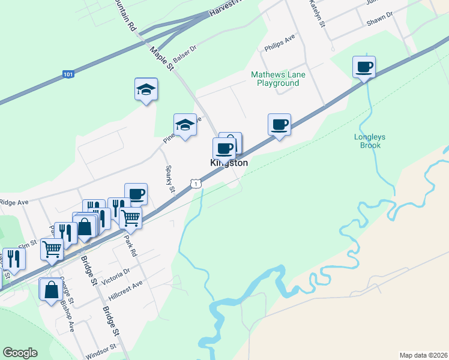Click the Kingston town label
click(229, 163)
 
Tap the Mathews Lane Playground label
click(278, 79)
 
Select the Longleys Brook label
click(370, 141)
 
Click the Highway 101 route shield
click(68, 75)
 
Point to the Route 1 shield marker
click(196, 184)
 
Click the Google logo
click(20, 353)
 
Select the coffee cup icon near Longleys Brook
click(364, 66)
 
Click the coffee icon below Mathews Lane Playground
click(279, 124)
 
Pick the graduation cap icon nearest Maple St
click(185, 125)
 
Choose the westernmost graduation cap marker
click(146, 89)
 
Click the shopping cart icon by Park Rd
click(130, 218)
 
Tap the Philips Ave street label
click(280, 43)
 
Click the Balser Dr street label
click(185, 55)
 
